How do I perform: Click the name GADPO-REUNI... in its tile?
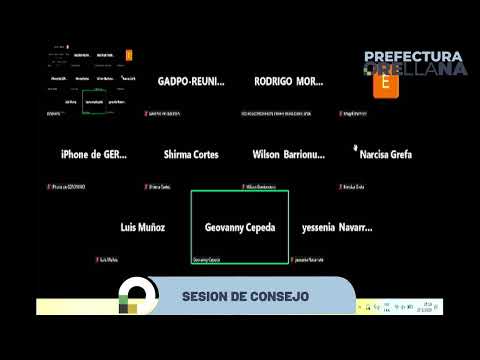pos(191,82)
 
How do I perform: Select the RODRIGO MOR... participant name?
pos(289,82)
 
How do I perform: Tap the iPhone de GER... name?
pos(94,155)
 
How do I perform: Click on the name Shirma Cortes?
pos(191,155)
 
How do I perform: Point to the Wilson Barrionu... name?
pos(289,155)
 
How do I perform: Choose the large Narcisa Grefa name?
pos(385,155)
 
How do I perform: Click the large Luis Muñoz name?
pos(142,228)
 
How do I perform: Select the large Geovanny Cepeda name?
pos(239,228)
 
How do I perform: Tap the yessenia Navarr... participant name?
pos(337,228)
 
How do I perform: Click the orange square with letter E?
pos(380,85)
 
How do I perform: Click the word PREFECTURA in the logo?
pos(413,58)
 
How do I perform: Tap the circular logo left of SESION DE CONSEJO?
pos(137,296)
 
